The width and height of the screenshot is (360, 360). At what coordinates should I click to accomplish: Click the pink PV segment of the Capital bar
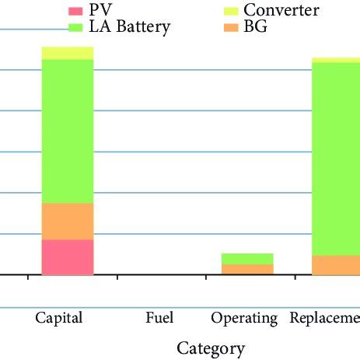coord(68,257)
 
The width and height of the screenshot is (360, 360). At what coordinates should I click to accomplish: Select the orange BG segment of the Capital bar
coord(68,221)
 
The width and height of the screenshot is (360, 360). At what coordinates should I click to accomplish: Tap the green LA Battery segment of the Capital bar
coord(68,131)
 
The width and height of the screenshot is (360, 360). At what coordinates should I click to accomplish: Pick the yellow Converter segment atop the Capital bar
coord(68,53)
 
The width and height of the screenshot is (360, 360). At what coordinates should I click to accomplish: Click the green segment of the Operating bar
coord(247,258)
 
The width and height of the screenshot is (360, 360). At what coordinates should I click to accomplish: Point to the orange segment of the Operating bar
coord(247,269)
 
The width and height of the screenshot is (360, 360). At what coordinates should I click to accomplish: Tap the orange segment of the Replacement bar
coord(336,265)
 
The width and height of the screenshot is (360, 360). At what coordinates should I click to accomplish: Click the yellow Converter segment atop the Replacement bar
coord(336,60)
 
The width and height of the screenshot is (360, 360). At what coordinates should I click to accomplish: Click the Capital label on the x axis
coord(59,318)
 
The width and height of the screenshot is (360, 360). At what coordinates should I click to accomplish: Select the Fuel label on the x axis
coord(159,318)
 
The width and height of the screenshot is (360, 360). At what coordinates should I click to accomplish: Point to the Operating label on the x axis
coord(244,318)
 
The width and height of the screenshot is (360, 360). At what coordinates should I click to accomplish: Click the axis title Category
coord(211,348)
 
